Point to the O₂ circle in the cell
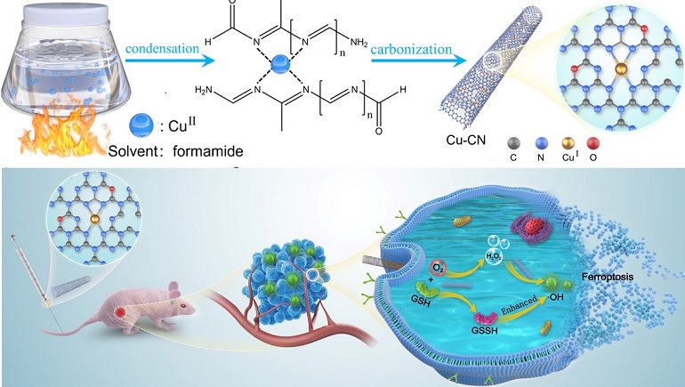point(439,267)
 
